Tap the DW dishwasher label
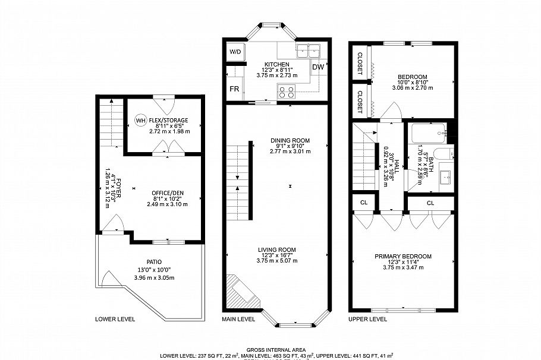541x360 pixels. pyautogui.click(x=319, y=67)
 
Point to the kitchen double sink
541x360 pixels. pyautogui.click(x=309, y=50)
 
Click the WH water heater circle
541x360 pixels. pyautogui.click(x=140, y=121)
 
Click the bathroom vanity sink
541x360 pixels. pyautogui.click(x=446, y=176)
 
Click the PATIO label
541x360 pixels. pyautogui.click(x=155, y=261)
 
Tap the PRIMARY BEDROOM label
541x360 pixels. pyautogui.click(x=402, y=256)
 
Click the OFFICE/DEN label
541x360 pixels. pyautogui.click(x=167, y=192)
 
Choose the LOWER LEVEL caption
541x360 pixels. pyautogui.click(x=115, y=319)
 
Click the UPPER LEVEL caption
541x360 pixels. pyautogui.click(x=368, y=319)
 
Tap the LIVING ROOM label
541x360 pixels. pyautogui.click(x=276, y=250)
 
